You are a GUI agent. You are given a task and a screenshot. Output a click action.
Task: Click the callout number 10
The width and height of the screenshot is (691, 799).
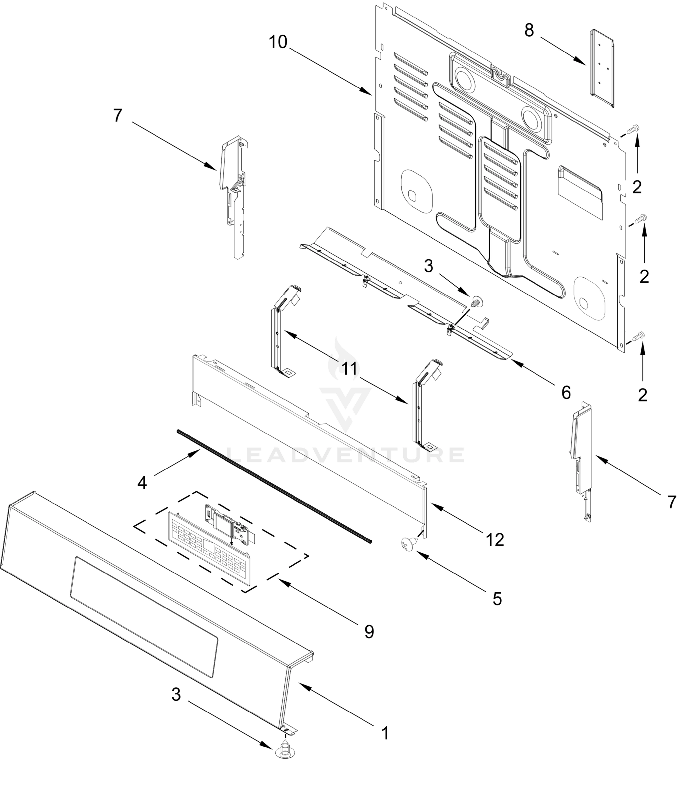tap(278, 42)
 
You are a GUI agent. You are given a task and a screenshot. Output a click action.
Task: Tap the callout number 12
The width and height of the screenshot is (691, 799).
tap(495, 540)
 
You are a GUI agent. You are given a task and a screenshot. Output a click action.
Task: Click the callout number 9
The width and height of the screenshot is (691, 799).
tap(369, 632)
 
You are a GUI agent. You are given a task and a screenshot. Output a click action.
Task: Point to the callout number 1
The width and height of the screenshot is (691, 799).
tap(385, 733)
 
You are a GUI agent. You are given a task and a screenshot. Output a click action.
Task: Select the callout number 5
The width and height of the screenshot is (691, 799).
tap(497, 599)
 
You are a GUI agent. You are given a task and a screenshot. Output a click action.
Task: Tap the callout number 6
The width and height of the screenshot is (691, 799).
tap(565, 393)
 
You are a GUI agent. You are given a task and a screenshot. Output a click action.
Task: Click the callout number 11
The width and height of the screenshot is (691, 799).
tap(350, 369)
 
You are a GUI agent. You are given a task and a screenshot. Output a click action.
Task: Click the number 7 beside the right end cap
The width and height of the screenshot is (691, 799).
tap(672, 502)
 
